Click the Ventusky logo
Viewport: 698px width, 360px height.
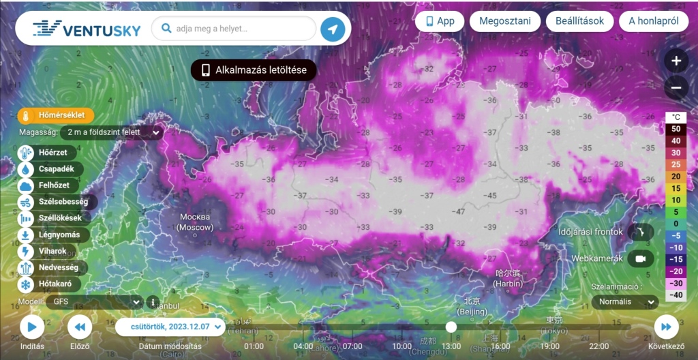(x=87, y=29)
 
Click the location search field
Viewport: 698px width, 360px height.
(x=235, y=29)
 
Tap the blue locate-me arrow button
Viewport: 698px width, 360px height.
(x=333, y=29)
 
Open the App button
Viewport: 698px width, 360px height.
(x=440, y=21)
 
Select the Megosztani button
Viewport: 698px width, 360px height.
(x=504, y=21)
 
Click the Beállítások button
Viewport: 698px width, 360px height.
(x=579, y=21)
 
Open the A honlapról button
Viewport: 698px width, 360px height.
(x=653, y=21)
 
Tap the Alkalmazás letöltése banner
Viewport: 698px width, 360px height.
(x=254, y=70)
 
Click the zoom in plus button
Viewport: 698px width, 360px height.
(x=676, y=61)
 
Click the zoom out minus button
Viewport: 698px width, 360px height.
(x=676, y=87)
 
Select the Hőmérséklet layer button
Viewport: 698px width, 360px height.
(x=56, y=116)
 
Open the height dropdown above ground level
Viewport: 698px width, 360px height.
(x=112, y=132)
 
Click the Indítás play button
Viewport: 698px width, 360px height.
(x=31, y=327)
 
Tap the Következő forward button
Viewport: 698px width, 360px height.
(x=666, y=327)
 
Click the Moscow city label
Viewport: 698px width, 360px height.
(x=195, y=222)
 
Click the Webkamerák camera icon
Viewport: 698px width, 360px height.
(x=640, y=259)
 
